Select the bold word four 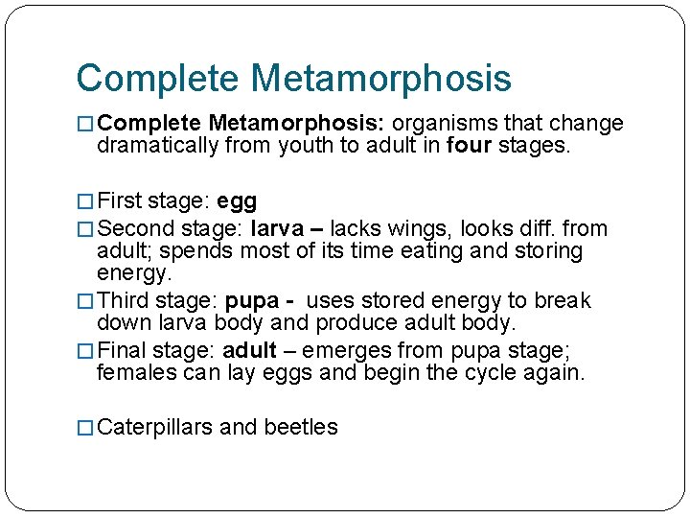pyautogui.click(x=471, y=146)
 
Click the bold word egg pyautogui.click(x=237, y=202)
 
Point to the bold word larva pyautogui.click(x=277, y=229)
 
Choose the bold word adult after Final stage pyautogui.click(x=249, y=351)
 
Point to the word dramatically pyautogui.click(x=157, y=146)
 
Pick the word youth pyautogui.click(x=304, y=146)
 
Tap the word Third pyautogui.click(x=125, y=301)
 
